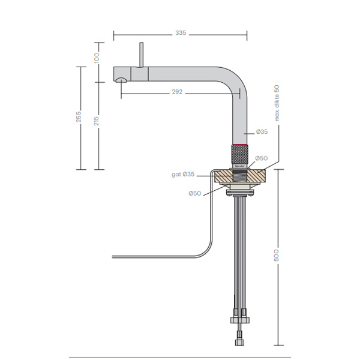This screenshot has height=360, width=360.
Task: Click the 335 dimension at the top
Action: coord(180,34)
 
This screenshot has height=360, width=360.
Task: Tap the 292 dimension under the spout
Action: coord(177,92)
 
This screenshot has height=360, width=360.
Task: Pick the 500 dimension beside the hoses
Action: coord(278,257)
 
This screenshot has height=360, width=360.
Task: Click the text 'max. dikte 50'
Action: coord(277,103)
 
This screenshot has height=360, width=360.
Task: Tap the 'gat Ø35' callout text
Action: coord(183,174)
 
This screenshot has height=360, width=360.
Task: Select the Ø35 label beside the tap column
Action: coord(262,131)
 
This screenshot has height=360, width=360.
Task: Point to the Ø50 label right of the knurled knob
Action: coord(262,158)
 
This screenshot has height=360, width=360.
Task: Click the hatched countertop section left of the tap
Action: coord(221,176)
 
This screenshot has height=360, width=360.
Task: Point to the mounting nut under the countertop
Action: coord(241,191)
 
